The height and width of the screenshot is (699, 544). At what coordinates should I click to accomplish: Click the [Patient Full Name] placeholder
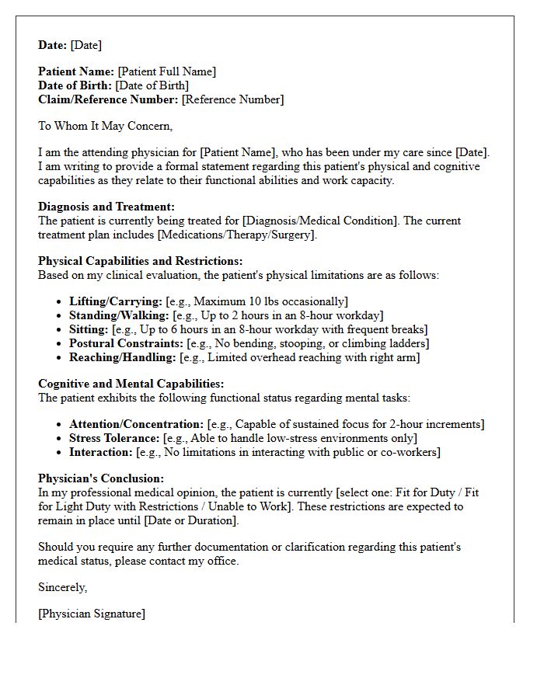(x=166, y=71)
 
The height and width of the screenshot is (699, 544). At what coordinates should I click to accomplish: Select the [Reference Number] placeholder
(x=232, y=99)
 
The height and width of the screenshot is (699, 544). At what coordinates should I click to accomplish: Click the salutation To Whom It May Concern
(x=105, y=126)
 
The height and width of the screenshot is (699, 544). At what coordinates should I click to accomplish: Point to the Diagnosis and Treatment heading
(x=106, y=207)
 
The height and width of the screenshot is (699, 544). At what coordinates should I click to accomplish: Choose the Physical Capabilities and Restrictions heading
(x=140, y=261)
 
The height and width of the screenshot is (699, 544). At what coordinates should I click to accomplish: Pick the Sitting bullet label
(x=89, y=329)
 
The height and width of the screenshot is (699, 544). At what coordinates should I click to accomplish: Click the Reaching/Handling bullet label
(x=123, y=357)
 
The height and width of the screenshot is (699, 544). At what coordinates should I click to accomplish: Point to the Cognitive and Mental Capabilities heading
(x=131, y=384)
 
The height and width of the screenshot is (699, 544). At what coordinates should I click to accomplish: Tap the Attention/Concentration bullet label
(x=136, y=424)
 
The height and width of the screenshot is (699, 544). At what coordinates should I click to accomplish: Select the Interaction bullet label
(x=101, y=452)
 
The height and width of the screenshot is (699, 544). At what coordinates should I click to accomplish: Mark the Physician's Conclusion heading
(x=101, y=478)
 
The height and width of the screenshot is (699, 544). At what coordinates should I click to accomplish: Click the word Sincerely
(x=62, y=587)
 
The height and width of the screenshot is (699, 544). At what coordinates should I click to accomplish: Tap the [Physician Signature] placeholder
(x=91, y=614)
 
